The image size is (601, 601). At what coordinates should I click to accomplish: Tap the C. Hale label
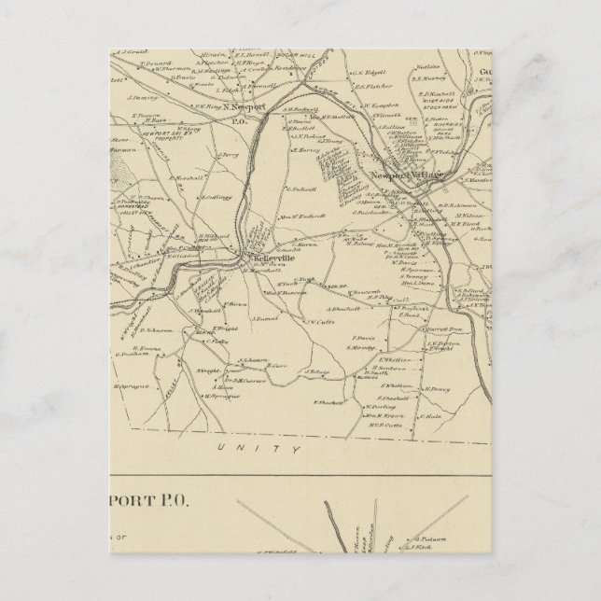pyautogui.click(x=430, y=416)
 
